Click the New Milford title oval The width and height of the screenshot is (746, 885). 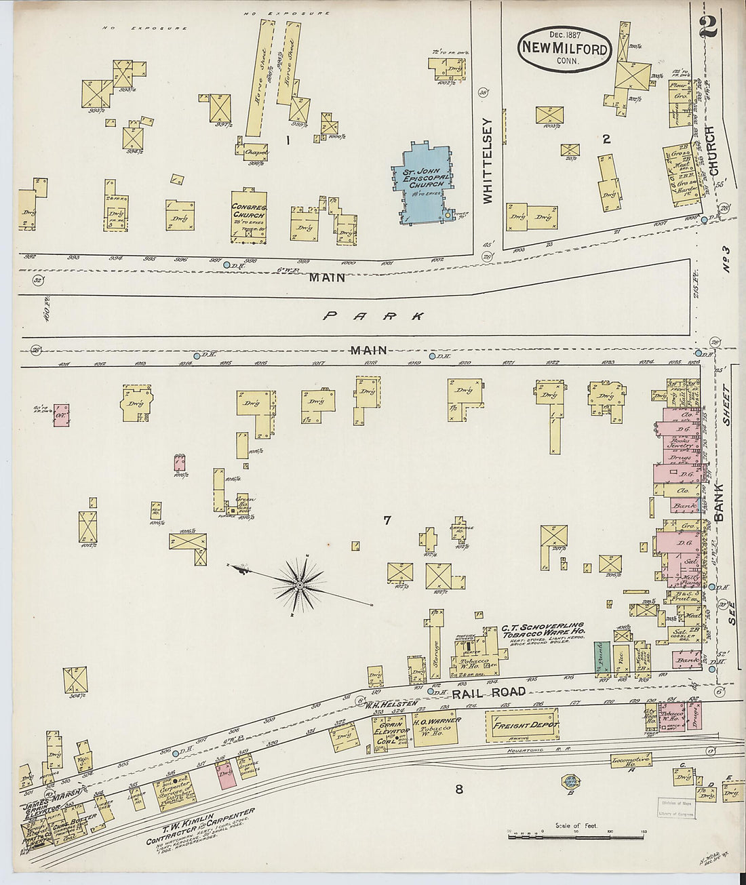coord(565,50)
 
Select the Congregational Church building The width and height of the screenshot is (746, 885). coord(248,216)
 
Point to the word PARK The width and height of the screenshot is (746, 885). coord(374,316)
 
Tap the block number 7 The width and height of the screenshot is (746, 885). coord(387,521)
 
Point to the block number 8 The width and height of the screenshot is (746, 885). coord(459,789)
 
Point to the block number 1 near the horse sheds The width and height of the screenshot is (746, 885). coord(288,141)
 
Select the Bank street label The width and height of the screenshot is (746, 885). coord(719,503)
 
